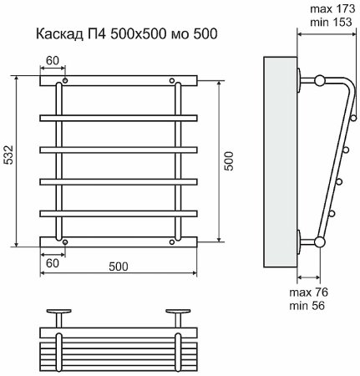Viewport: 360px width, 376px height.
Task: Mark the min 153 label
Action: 329,23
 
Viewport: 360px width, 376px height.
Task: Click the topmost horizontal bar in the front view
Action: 118,82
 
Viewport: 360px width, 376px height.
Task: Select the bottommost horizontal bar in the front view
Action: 118,242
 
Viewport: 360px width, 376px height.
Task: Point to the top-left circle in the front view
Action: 63,82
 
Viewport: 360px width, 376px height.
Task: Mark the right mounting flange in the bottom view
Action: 177,312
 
